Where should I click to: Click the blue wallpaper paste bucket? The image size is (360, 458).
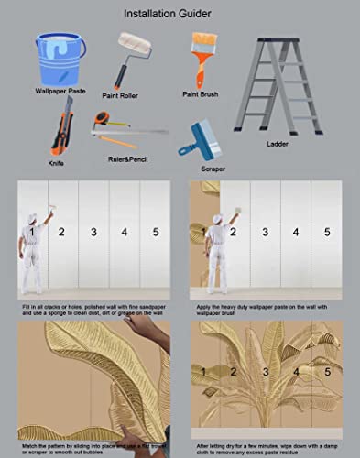point(60,59)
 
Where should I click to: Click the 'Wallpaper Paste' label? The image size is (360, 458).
point(61,92)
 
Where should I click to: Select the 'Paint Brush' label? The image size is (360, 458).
point(203,93)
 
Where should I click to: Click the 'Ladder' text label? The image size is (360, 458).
point(278,144)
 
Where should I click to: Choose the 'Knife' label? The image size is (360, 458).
point(56,163)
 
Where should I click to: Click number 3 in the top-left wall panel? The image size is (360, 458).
point(93,233)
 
